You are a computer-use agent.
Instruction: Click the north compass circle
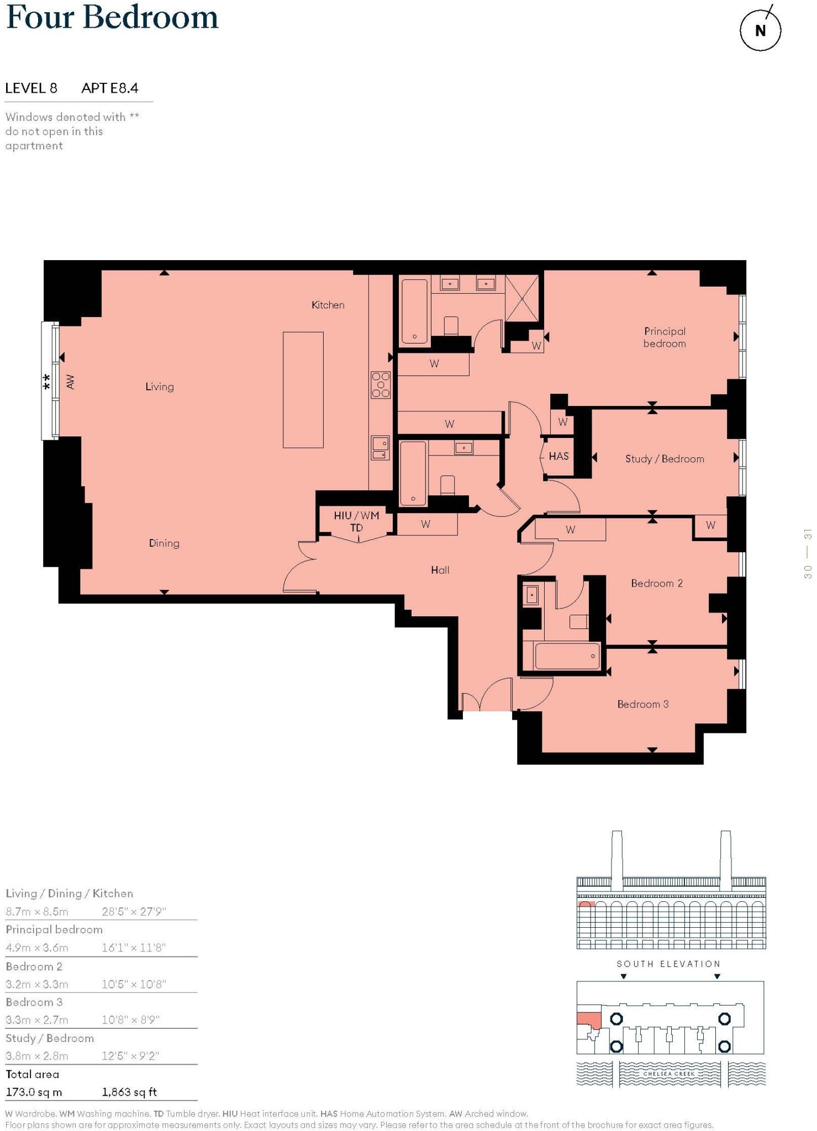760,30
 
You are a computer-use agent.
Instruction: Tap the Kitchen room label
328,305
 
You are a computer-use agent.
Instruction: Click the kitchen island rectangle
303,389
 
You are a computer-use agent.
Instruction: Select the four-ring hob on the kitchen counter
381,385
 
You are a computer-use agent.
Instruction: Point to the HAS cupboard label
558,456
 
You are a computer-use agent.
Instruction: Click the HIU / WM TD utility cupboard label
356,521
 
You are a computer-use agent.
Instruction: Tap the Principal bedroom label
665,337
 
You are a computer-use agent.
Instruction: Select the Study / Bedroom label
665,459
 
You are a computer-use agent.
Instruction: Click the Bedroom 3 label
642,704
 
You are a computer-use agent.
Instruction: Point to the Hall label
440,570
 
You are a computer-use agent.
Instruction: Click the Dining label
164,543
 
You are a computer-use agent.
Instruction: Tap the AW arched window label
70,382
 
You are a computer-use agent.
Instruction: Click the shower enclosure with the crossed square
522,297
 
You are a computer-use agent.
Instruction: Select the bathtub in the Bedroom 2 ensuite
567,656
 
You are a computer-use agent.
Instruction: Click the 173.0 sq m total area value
34,1092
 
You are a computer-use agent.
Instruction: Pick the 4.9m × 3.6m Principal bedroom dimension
37,948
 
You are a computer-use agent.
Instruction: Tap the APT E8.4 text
109,88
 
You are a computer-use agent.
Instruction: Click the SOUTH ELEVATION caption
668,964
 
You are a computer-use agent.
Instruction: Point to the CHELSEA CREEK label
669,1074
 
